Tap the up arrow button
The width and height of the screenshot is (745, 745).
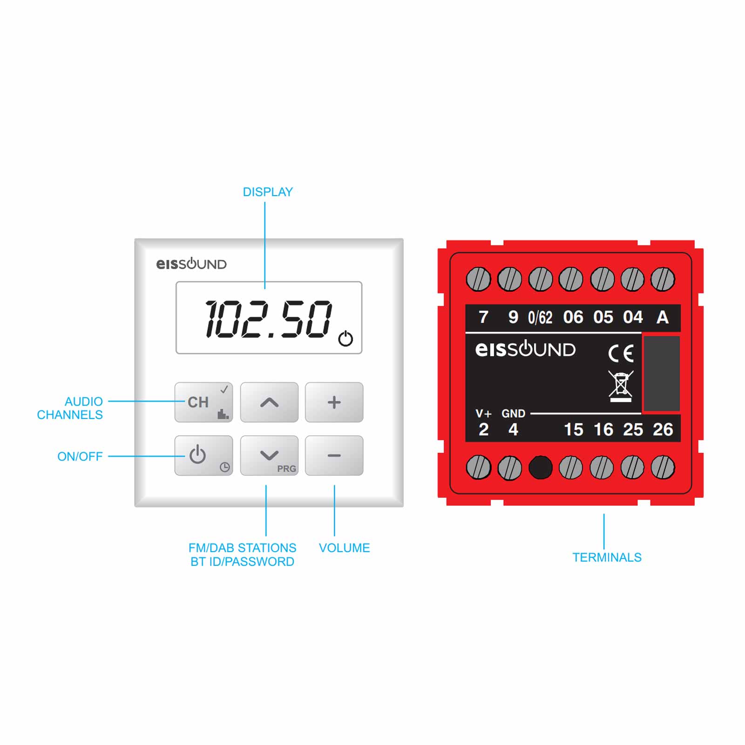click(x=269, y=402)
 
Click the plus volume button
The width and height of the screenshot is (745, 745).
click(x=334, y=402)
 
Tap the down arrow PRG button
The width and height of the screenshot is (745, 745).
click(x=269, y=455)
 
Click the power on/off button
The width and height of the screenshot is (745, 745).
click(x=203, y=455)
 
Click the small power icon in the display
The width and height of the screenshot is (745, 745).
click(x=345, y=339)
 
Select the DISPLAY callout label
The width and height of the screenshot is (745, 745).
click(x=268, y=192)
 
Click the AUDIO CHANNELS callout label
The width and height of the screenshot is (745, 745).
click(x=70, y=408)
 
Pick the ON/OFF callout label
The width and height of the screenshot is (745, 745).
click(x=80, y=456)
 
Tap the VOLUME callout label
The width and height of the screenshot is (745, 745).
click(x=344, y=548)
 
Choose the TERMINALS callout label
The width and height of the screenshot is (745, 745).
click(x=607, y=557)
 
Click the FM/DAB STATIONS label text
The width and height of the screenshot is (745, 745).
click(x=242, y=548)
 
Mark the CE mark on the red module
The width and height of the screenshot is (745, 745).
click(x=621, y=353)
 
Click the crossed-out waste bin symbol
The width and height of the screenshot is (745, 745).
click(x=621, y=386)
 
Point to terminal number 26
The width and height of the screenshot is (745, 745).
click(x=663, y=429)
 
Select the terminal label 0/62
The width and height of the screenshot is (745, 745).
click(x=540, y=318)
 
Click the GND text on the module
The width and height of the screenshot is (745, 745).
click(x=513, y=413)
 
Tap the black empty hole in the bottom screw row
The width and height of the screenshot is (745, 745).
click(x=540, y=467)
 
